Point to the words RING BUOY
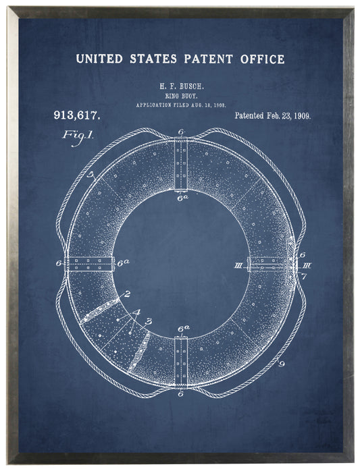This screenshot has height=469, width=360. [180, 97]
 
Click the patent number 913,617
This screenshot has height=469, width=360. [76, 115]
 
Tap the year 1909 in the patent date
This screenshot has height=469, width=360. [298, 116]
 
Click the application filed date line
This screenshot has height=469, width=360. [180, 106]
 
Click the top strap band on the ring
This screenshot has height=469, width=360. [180, 164]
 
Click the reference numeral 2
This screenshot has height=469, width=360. [127, 295]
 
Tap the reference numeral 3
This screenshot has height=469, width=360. [148, 322]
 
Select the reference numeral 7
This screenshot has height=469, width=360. [304, 277]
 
